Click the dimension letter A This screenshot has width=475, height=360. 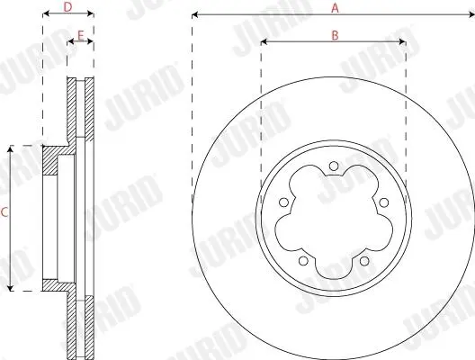[335, 8]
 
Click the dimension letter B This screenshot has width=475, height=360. [335, 35]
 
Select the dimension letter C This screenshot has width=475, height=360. [4, 212]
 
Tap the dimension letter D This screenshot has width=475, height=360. [67, 7]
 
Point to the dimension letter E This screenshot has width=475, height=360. [81, 35]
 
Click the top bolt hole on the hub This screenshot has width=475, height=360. [334, 166]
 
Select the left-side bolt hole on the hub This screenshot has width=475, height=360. [284, 202]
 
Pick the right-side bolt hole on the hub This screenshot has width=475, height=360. [384, 202]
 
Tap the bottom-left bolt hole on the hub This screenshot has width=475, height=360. [303, 261]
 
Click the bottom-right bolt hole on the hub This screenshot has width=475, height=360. [364, 261]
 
